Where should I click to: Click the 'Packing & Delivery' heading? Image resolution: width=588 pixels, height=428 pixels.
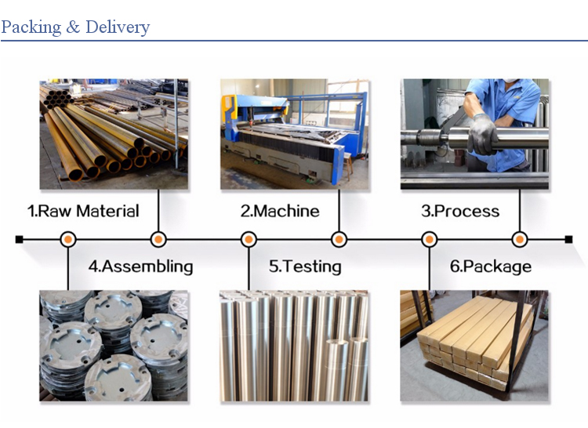(75, 27)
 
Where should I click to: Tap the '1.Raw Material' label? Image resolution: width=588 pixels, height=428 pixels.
(83, 211)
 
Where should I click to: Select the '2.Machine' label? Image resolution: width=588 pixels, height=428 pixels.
(280, 211)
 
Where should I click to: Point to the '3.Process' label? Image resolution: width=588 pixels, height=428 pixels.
(460, 211)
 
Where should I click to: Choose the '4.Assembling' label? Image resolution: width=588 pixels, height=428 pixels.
(140, 267)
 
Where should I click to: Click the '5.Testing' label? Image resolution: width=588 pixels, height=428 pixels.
(305, 267)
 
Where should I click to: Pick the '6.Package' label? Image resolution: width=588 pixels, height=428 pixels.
(491, 267)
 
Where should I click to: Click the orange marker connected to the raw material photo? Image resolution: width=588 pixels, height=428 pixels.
(158, 240)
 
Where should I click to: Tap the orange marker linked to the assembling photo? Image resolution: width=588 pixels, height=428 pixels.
(68, 240)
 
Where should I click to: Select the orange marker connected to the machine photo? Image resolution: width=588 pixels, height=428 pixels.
(339, 240)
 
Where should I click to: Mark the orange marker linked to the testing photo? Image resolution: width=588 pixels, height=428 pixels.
(249, 240)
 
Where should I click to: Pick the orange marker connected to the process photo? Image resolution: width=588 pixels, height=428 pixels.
(520, 240)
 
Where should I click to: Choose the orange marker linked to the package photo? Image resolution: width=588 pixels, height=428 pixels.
(430, 240)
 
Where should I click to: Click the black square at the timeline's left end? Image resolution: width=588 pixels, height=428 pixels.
(19, 240)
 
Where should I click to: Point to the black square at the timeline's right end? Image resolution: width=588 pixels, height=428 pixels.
(568, 240)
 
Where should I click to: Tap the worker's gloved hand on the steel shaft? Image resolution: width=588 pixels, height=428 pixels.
(483, 135)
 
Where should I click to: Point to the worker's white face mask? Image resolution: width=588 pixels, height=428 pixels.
(510, 80)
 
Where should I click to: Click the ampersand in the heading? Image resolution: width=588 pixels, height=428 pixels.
(73, 27)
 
